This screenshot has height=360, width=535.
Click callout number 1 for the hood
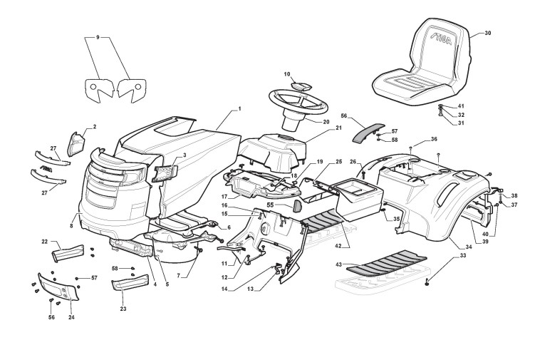(x=240, y=108)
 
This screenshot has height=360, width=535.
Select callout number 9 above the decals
(x=98, y=35)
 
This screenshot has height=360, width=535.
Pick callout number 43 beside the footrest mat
(x=340, y=264)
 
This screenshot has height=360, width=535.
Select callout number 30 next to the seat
(x=487, y=34)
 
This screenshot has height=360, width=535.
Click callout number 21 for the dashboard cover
(x=338, y=128)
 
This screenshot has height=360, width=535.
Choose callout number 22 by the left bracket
(x=45, y=242)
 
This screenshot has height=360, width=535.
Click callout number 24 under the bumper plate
(x=71, y=317)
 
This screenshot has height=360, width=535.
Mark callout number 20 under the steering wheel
(x=327, y=121)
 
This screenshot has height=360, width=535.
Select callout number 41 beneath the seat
(x=461, y=106)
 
